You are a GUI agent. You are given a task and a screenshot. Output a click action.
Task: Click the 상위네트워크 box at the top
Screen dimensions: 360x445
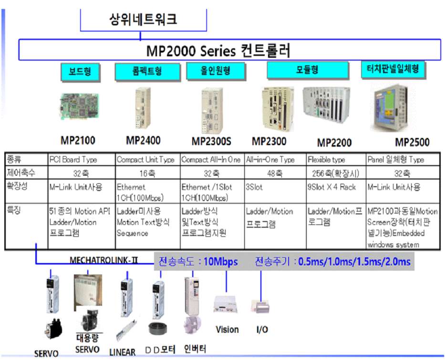143,20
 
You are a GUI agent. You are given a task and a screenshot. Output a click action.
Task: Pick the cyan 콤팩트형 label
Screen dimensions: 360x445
147,72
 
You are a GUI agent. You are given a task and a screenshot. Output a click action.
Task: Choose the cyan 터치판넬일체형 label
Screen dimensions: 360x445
393,69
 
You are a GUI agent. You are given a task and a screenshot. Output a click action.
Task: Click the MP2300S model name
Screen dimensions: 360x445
211,141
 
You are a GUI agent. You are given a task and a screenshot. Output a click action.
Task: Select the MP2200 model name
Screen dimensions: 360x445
334,143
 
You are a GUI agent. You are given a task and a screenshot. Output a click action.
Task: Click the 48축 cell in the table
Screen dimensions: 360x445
275,173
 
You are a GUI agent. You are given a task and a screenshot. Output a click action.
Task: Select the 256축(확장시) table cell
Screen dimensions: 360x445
335,173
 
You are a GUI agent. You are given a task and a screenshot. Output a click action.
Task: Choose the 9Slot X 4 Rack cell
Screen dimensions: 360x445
332,187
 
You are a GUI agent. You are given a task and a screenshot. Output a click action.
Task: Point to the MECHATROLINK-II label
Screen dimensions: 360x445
103,260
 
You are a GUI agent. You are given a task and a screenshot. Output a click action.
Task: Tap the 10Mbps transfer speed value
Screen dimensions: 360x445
220,262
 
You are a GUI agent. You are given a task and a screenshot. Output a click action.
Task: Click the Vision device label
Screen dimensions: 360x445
227,329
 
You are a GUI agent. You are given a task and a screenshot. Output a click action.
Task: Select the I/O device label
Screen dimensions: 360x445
261,329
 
